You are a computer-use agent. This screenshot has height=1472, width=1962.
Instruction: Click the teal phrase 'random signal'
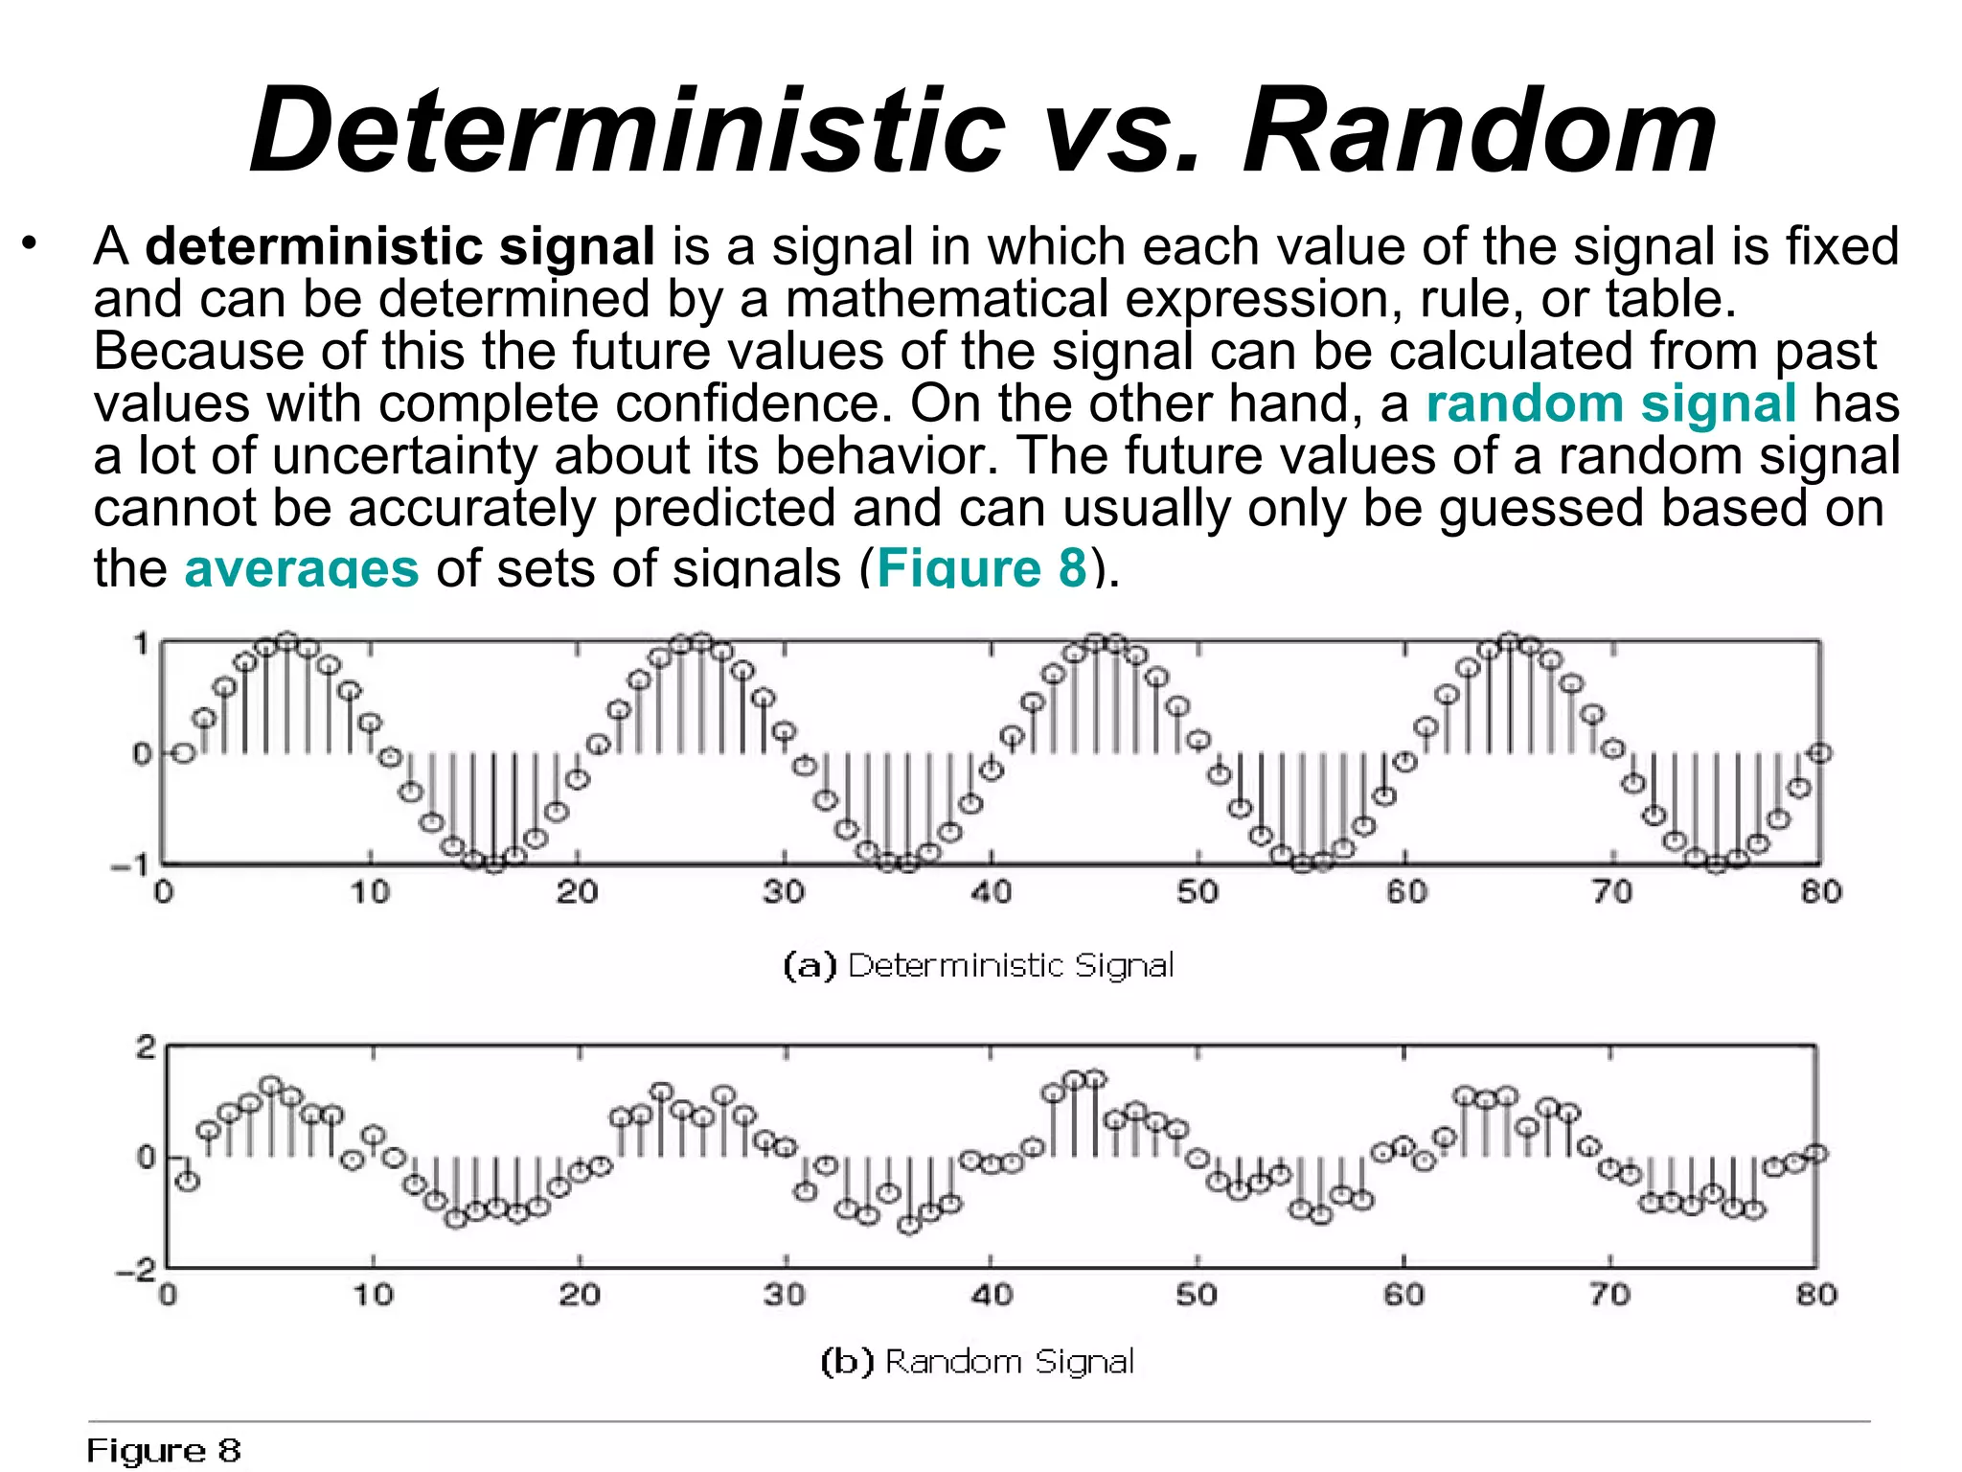[x=1610, y=402]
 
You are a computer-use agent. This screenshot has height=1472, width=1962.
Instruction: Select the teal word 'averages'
[x=301, y=566]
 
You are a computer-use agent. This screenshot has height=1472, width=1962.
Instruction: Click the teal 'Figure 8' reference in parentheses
[x=981, y=566]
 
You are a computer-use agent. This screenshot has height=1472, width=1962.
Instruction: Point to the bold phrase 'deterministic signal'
[x=399, y=246]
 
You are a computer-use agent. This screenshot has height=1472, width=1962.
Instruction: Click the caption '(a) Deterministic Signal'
[x=978, y=965]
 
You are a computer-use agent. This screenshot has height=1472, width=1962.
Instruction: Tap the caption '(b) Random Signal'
[x=978, y=1361]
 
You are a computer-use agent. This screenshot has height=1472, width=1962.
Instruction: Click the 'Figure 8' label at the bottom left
[x=164, y=1451]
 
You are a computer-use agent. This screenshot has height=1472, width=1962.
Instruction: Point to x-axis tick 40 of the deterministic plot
[x=991, y=893]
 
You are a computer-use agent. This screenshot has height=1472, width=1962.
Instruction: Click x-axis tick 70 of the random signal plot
[x=1609, y=1296]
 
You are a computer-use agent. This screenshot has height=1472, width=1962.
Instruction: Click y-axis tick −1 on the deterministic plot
[x=130, y=865]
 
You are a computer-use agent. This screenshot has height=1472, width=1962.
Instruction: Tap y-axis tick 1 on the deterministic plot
[x=142, y=644]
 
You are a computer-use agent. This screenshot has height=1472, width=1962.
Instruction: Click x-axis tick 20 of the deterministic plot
[x=577, y=893]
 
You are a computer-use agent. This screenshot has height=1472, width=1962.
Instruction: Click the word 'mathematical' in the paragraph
[x=947, y=299]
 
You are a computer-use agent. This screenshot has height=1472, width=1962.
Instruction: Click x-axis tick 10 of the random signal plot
[x=373, y=1296]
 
